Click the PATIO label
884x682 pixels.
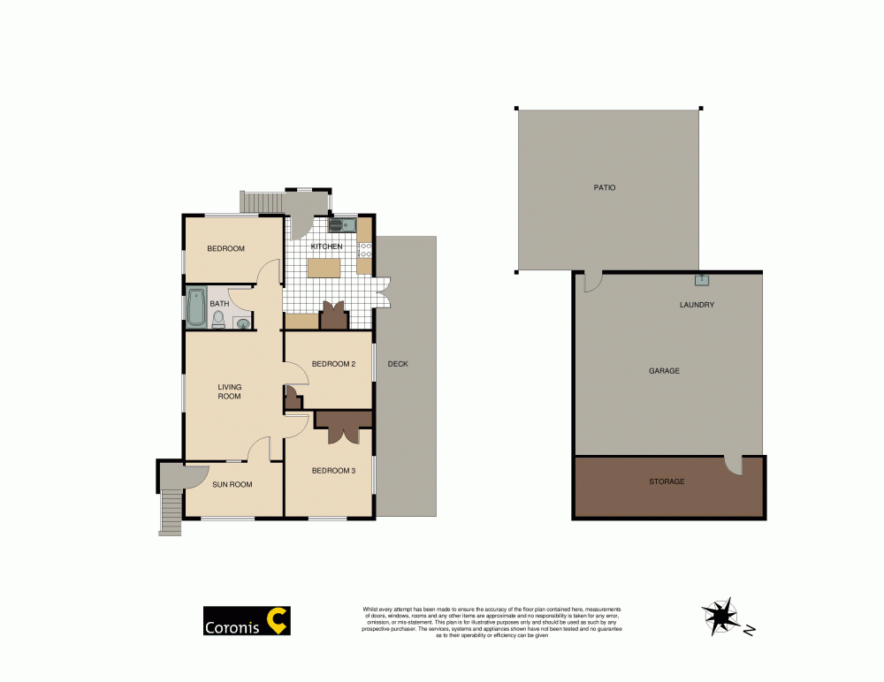tap(605, 187)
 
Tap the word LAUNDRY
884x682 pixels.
tap(697, 305)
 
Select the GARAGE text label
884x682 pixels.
tap(664, 371)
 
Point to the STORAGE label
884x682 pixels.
tap(667, 481)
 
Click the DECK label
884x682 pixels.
tap(398, 364)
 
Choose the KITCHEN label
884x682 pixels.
tap(326, 246)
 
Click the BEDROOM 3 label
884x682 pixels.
tap(333, 471)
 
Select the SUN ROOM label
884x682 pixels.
tap(232, 484)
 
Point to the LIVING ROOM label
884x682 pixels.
tap(230, 391)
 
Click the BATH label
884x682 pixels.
tap(219, 304)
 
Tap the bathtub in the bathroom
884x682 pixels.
tap(195, 307)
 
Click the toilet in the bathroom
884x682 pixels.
tap(218, 319)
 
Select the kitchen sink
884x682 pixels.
tap(342, 224)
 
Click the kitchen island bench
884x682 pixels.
tap(324, 267)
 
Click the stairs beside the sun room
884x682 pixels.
tap(170, 512)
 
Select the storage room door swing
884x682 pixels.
tap(733, 465)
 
